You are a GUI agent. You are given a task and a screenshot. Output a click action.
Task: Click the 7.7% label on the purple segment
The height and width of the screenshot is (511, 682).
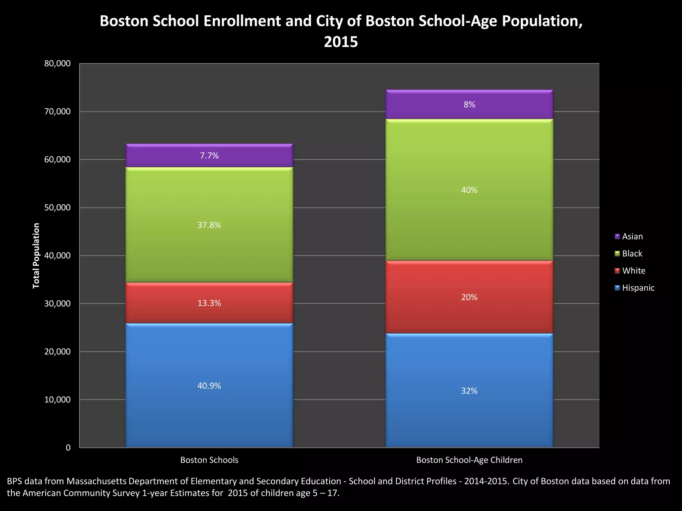[x=209, y=156]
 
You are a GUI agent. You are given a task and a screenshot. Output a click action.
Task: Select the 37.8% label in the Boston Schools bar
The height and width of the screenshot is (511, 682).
[x=209, y=225]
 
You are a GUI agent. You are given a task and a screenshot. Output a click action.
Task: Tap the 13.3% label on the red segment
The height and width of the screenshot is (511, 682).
[x=209, y=303]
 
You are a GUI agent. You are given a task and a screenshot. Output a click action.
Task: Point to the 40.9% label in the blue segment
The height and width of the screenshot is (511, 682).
[x=209, y=386]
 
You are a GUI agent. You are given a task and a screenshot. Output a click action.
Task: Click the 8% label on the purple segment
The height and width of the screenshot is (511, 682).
[x=469, y=105]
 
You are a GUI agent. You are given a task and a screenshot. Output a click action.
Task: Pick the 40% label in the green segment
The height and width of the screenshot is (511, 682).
[x=469, y=190]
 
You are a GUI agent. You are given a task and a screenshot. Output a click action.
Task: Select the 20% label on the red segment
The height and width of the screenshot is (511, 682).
[x=469, y=297]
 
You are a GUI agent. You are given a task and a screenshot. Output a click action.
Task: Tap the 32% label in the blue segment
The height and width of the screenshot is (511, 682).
[x=469, y=391]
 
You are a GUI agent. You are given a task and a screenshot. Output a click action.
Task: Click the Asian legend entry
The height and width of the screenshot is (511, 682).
[x=632, y=237]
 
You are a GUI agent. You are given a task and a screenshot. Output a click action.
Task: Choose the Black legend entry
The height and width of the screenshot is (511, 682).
[x=632, y=254]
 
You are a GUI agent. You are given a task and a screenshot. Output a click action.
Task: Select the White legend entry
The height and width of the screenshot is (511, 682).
[x=633, y=271]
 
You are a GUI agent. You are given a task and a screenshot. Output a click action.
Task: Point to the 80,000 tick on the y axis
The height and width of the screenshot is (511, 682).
[x=58, y=64]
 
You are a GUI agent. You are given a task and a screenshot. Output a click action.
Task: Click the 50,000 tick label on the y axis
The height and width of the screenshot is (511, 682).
[x=58, y=208]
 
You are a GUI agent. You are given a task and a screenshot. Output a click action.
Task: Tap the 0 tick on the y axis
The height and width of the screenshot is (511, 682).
[x=68, y=448]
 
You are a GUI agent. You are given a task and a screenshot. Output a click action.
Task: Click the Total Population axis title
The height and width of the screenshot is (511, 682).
[x=36, y=256]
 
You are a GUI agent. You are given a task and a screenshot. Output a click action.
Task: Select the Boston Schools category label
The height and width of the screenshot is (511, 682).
[x=209, y=460]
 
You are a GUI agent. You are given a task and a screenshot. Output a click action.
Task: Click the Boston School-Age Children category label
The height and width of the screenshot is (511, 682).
[x=469, y=460]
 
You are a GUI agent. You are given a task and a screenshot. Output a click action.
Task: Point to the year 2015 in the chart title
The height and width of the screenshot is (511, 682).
[x=341, y=42]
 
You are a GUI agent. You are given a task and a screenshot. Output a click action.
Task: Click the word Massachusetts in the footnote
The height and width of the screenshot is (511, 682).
[x=97, y=481]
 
